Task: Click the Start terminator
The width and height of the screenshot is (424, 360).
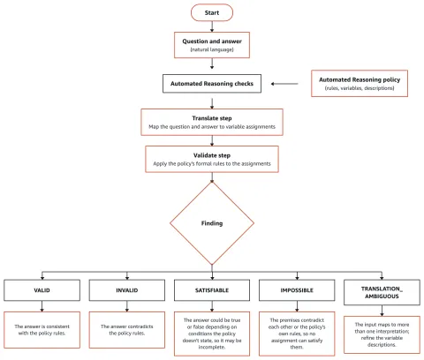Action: tap(212, 12)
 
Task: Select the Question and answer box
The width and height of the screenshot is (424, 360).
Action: tap(212, 45)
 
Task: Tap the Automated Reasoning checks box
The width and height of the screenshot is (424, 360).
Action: tap(212, 84)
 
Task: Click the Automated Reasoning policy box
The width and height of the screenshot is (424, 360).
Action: tap(360, 83)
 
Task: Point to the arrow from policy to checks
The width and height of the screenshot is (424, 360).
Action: tap(284, 84)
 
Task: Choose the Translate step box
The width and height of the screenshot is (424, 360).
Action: tap(212, 122)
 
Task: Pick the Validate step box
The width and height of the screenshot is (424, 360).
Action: tap(212, 159)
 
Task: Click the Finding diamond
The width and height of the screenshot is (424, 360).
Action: tap(212, 223)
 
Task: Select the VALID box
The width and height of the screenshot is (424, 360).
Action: tap(42, 290)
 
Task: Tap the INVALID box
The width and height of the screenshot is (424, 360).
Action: tap(127, 290)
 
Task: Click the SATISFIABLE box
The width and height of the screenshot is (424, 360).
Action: tap(212, 290)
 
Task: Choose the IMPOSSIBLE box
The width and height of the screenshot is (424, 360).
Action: tap(297, 290)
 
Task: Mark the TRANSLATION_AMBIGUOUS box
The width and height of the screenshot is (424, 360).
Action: tap(382, 292)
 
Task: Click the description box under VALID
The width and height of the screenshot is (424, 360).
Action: tap(42, 330)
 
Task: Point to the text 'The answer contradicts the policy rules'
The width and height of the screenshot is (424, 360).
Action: tap(127, 330)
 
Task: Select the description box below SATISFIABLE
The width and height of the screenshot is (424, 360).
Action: tap(212, 334)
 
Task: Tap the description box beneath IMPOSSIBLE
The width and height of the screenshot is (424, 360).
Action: tap(297, 334)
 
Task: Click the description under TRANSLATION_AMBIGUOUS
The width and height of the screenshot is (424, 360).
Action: tap(382, 334)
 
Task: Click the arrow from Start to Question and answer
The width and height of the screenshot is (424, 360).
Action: tap(212, 26)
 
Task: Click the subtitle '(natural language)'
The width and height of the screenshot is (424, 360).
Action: tap(212, 49)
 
